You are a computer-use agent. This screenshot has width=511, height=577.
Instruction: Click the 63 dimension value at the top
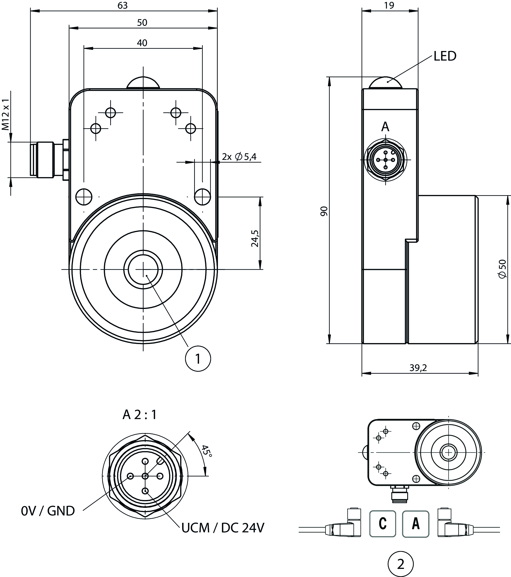point(122,5)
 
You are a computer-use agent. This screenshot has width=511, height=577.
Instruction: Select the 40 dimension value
point(142,43)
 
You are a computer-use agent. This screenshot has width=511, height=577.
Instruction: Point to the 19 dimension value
point(389,5)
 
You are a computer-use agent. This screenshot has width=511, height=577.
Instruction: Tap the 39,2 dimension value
point(418,368)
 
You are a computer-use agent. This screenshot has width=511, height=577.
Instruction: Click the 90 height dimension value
point(324,211)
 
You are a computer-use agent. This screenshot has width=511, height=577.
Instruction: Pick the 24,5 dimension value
point(255,239)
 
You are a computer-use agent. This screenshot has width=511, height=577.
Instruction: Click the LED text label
point(445,56)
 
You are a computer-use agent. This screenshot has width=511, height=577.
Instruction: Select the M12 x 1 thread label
point(6,115)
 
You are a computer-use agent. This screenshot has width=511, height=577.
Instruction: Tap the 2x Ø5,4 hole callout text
point(239,156)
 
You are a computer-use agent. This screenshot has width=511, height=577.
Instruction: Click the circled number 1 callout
point(198,359)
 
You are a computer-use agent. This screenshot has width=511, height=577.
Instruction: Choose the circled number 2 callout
point(401,564)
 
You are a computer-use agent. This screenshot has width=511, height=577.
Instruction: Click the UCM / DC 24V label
point(223,528)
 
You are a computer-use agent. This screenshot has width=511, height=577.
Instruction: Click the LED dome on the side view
point(385,83)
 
